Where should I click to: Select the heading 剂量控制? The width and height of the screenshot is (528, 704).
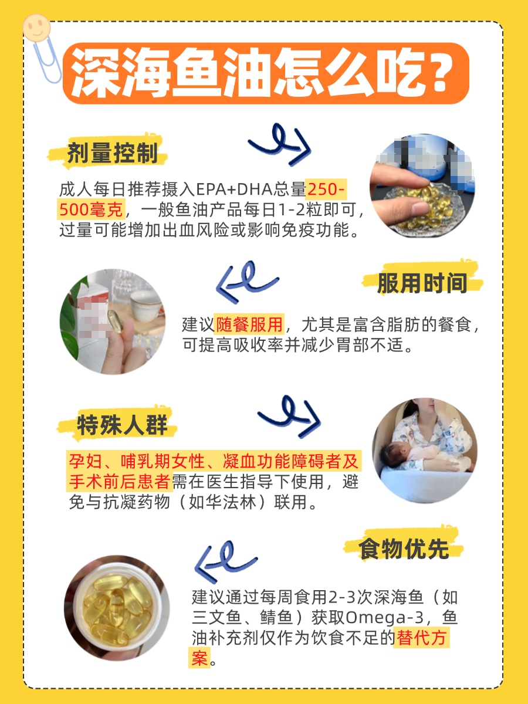point(112,154)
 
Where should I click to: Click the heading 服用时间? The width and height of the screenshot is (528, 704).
point(422,283)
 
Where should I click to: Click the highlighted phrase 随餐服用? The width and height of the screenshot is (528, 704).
point(249,324)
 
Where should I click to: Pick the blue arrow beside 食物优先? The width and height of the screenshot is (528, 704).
point(226,560)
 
